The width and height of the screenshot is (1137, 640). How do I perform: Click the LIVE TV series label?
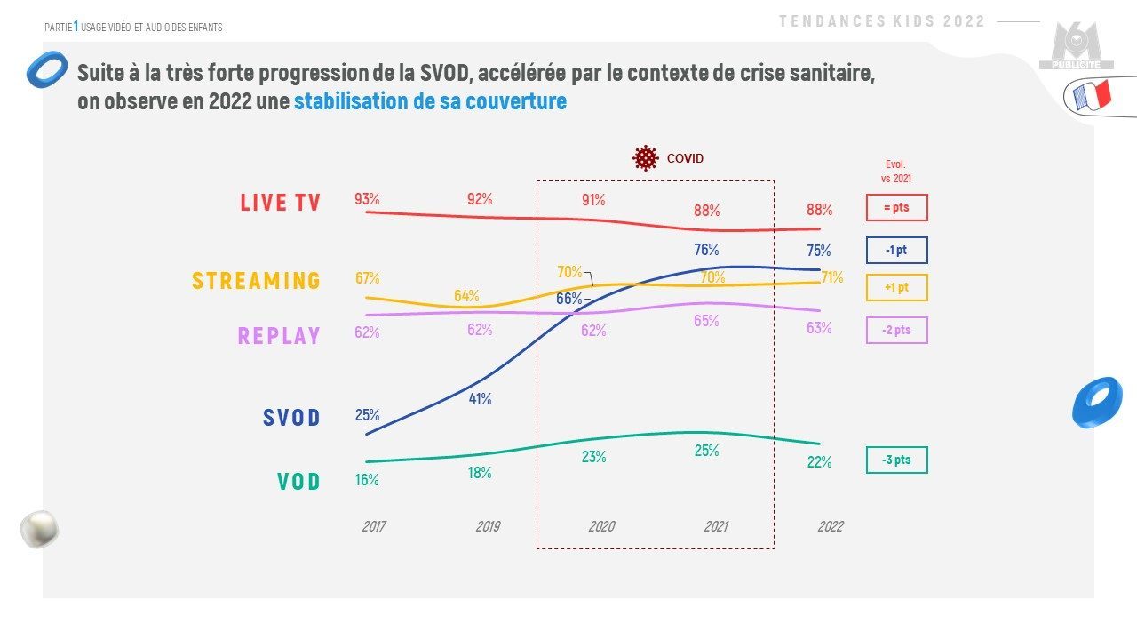[x=280, y=203]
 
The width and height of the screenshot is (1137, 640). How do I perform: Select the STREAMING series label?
[x=256, y=281]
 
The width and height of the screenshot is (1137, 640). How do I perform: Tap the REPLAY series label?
[x=278, y=336]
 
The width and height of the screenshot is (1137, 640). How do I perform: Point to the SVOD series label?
[x=291, y=418]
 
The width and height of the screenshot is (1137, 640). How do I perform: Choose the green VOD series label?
[x=298, y=482]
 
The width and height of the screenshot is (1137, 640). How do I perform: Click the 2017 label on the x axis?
[x=374, y=526]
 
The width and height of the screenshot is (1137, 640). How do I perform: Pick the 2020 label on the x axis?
[x=601, y=526]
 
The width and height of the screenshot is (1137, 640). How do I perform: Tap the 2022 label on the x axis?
[x=830, y=526]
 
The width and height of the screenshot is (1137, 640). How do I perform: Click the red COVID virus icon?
[x=645, y=158]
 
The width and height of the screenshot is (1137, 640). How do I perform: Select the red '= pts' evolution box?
[x=896, y=208]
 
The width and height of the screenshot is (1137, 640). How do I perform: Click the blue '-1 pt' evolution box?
[x=896, y=251]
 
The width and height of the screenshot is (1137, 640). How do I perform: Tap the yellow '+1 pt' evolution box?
[x=896, y=288]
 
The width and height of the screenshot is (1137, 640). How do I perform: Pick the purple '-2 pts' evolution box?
[x=896, y=331]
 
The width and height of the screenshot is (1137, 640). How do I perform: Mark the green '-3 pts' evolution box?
[x=896, y=460]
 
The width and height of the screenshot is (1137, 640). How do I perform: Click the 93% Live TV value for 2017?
[x=367, y=199]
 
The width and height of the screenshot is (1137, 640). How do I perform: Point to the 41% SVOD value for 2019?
[x=480, y=399]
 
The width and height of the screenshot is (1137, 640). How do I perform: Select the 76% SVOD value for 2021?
[x=706, y=250]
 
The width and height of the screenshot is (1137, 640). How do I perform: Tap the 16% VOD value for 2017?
[x=367, y=480]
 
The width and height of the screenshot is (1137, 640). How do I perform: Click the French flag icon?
[x=1093, y=95]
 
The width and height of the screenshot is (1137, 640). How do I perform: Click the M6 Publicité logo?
[x=1076, y=48]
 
